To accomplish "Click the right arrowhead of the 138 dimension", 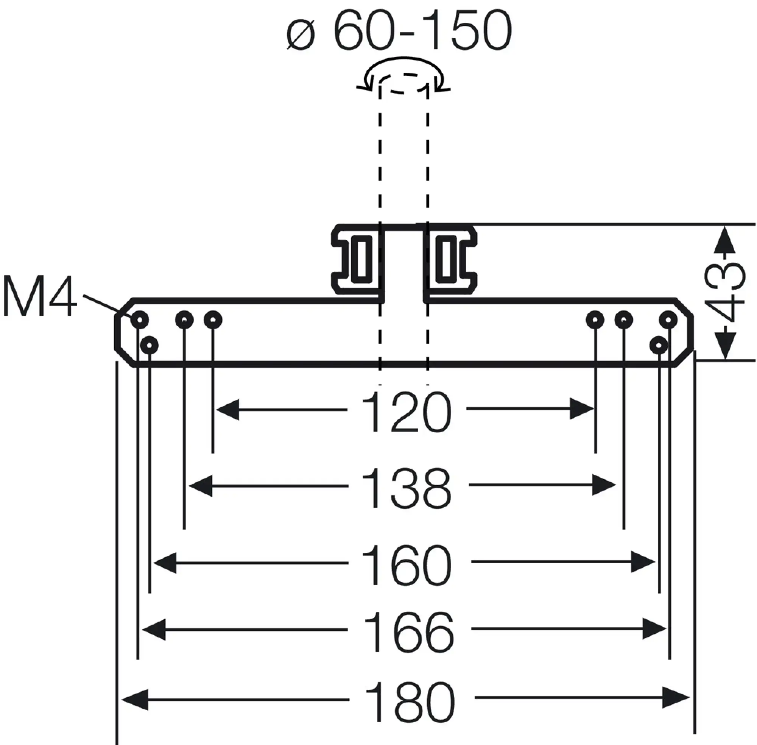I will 604,485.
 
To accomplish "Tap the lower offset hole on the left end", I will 149,345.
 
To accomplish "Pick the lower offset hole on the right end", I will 659,345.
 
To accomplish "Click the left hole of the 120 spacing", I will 213,320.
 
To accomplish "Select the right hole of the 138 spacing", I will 624,320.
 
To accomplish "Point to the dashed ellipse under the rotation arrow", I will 403,83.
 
